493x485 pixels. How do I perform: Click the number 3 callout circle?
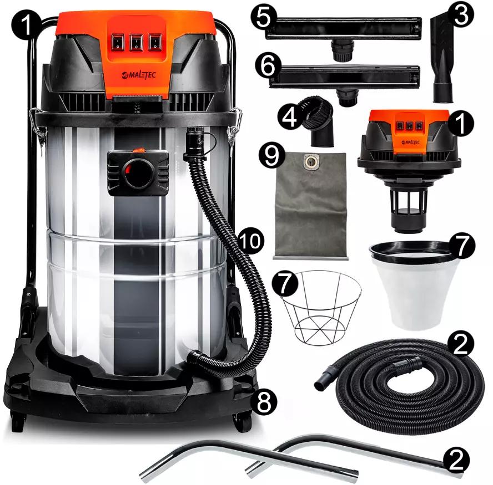[x=461, y=14]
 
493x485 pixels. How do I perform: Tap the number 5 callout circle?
[x=264, y=17]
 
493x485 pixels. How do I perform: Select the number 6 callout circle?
[x=268, y=66]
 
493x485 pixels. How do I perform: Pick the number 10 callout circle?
[x=250, y=241]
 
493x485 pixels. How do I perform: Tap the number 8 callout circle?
[x=264, y=402]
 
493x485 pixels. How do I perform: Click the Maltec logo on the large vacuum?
[x=139, y=75]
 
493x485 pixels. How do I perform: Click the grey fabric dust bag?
[x=311, y=206]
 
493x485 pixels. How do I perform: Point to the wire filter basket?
[x=320, y=308]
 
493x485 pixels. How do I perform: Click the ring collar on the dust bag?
[x=311, y=162]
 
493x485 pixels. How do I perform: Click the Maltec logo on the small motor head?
[x=411, y=142]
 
